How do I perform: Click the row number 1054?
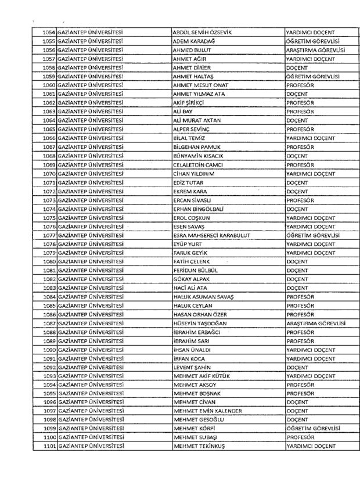[x=48, y=32]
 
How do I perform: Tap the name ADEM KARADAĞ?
[x=195, y=41]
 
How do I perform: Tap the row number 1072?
[x=48, y=191]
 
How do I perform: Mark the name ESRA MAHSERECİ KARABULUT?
[x=211, y=235]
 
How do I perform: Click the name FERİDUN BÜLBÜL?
[x=196, y=270]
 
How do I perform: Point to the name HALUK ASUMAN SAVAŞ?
[x=203, y=296]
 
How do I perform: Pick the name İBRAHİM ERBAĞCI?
[x=197, y=332]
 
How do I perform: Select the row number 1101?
[x=48, y=446]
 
